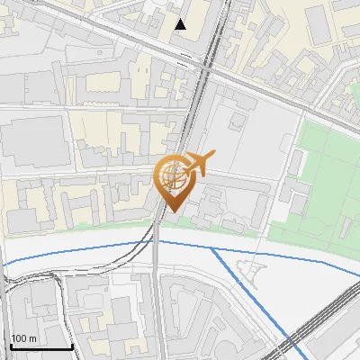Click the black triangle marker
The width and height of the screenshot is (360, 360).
(181, 24)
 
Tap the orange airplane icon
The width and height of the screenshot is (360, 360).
(195, 165)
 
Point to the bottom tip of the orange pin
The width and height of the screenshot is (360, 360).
(171, 212)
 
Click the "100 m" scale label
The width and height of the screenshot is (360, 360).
(24, 338)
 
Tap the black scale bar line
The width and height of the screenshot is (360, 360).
(41, 347)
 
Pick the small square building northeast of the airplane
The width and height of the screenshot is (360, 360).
(238, 120)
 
